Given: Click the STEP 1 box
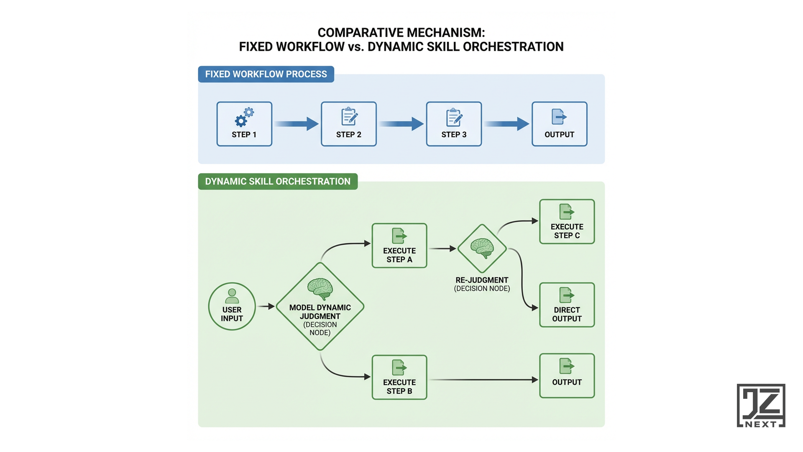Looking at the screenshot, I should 244,124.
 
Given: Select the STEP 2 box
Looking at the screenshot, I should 349,124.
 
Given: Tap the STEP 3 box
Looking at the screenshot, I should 454,124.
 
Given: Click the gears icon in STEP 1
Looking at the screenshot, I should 244,117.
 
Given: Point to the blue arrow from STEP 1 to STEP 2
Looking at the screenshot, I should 297,124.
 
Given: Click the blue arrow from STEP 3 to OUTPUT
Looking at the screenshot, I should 506,124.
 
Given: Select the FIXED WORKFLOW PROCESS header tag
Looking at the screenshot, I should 266,74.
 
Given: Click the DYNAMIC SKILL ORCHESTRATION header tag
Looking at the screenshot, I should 278,182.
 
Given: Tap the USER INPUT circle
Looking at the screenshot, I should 232,306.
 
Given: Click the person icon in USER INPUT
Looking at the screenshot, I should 232,296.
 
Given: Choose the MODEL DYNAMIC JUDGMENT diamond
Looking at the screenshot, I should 320,307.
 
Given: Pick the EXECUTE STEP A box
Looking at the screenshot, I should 399,246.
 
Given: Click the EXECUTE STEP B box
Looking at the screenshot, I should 399,378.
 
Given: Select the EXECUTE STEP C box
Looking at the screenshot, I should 567,222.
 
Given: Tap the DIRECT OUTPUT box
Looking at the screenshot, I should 567,305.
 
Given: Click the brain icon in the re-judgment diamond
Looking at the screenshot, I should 482,247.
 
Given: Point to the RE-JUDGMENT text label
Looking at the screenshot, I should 482,280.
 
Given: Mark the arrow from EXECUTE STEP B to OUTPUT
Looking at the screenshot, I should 483,380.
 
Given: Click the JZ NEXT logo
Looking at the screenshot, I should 761,406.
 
